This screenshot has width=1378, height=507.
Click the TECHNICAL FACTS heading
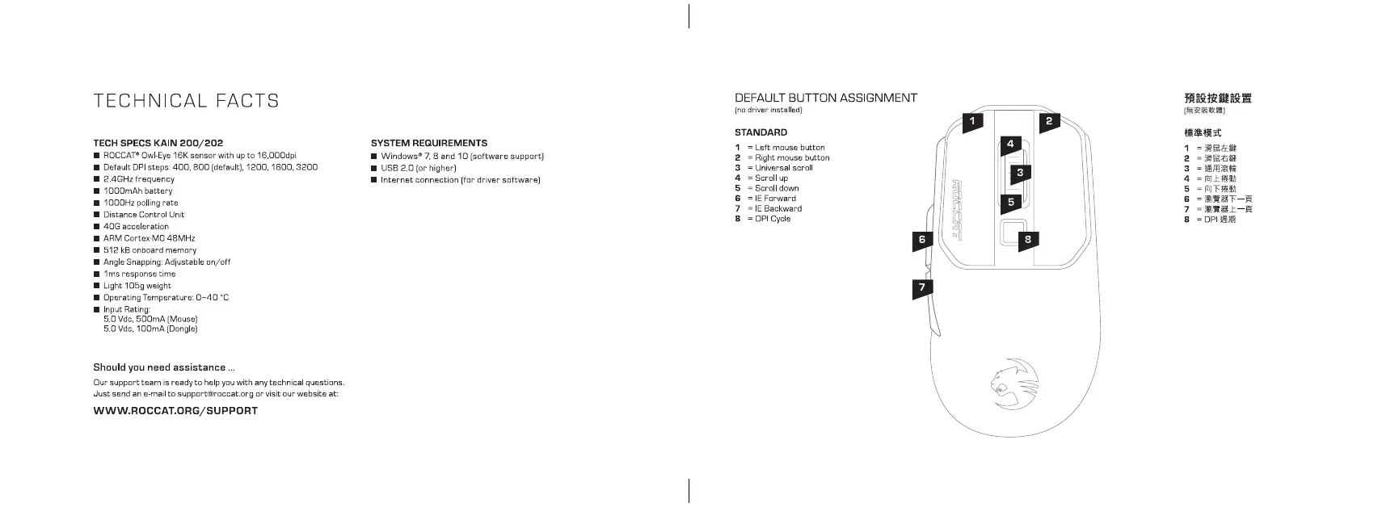pos(187,101)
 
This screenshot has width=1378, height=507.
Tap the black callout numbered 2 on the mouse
pos(1049,121)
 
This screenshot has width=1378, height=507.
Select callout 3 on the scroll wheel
pos(1020,172)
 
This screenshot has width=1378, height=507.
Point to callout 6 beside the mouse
pos(921,239)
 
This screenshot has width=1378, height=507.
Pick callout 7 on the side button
pos(921,287)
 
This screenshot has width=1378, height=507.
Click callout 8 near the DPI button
pos(1028,239)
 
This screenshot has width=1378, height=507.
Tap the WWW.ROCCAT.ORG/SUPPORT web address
pos(175,410)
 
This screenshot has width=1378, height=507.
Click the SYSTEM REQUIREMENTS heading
pos(428,143)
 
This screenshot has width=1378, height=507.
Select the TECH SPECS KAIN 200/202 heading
pos(158,143)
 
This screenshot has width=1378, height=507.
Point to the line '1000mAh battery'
pos(137,191)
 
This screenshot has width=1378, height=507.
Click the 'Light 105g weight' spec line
pos(137,286)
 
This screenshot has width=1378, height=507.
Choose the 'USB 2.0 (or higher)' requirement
pos(418,168)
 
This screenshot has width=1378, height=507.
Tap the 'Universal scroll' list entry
pos(783,168)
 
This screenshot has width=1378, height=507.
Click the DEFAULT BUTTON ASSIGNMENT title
pos(825,98)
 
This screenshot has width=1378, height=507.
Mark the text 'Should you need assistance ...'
pos(164,367)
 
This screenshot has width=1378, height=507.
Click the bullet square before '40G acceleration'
pos(97,227)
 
